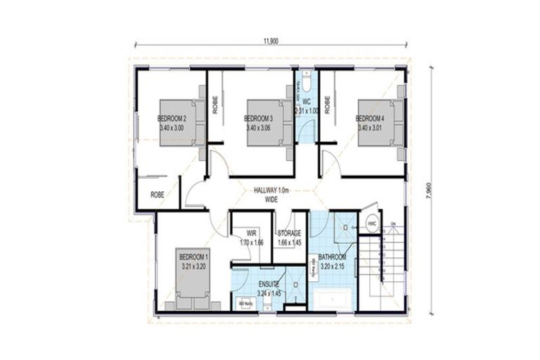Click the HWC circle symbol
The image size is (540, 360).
tap(372, 224)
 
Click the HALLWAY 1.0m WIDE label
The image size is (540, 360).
tap(271, 195)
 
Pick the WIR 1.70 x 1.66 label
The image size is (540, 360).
tap(250, 238)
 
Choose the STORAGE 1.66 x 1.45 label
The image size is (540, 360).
tap(288, 238)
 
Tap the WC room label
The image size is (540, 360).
tap(307, 106)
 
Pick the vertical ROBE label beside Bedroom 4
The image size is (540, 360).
tap(327, 104)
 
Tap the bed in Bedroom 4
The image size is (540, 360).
tap(380, 122)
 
